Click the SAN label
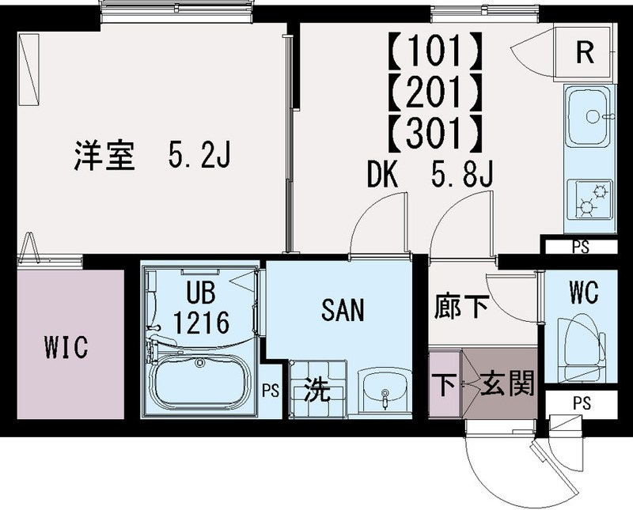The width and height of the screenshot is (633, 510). click(343, 311)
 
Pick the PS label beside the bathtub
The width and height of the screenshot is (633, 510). click(271, 389)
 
